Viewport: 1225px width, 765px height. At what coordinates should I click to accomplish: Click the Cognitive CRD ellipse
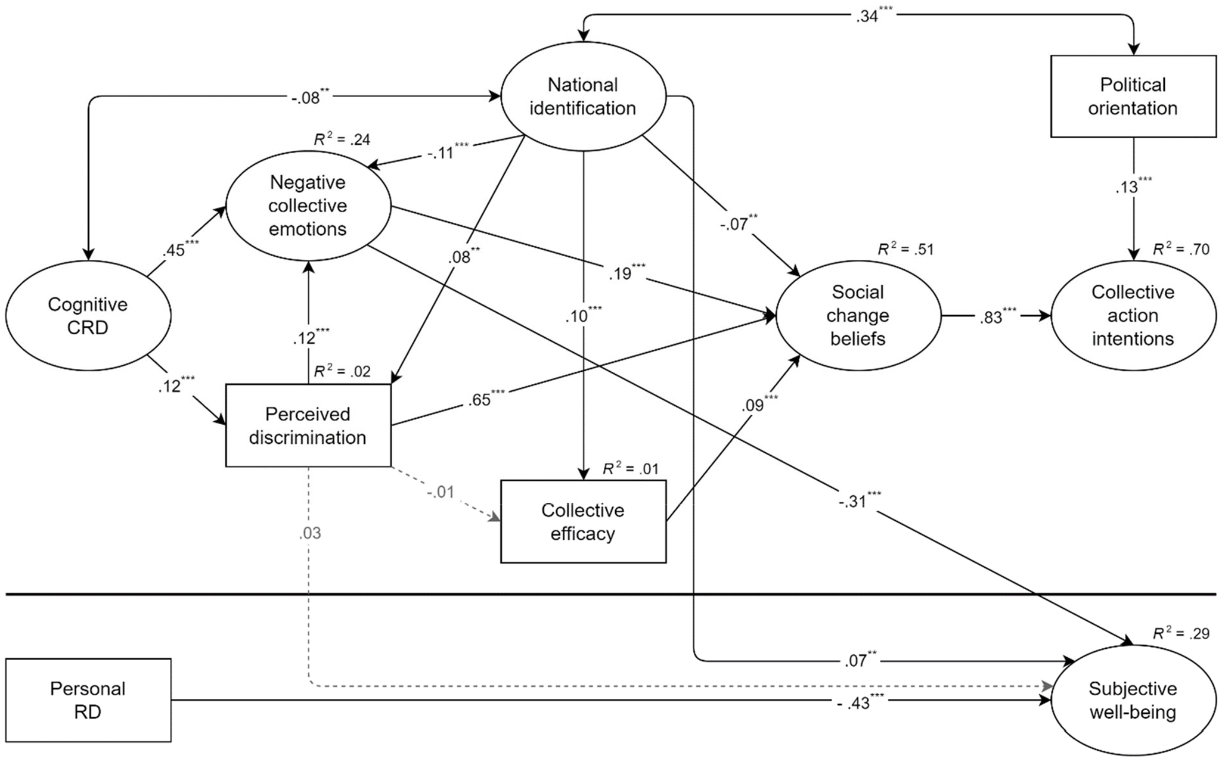88,315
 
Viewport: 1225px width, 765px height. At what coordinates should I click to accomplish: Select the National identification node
583,97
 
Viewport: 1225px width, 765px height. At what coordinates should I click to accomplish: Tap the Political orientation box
1133,97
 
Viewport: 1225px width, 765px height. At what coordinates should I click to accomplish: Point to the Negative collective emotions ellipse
308,206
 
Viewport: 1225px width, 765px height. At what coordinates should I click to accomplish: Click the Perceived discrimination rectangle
308,425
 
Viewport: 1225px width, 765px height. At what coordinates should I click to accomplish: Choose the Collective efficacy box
583,521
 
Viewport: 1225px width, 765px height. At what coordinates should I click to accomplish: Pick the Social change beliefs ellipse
858,315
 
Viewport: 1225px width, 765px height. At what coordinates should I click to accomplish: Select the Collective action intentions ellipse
1133,315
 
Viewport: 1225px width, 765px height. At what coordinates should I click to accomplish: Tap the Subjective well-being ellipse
1133,700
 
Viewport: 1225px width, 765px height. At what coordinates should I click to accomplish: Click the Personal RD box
88,700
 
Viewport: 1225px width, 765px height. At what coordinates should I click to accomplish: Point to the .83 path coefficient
997,316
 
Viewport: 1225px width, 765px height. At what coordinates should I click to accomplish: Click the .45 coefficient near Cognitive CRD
181,248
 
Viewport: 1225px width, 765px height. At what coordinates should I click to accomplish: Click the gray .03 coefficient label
310,533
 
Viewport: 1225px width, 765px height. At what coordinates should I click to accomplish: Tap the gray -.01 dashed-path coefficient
441,493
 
